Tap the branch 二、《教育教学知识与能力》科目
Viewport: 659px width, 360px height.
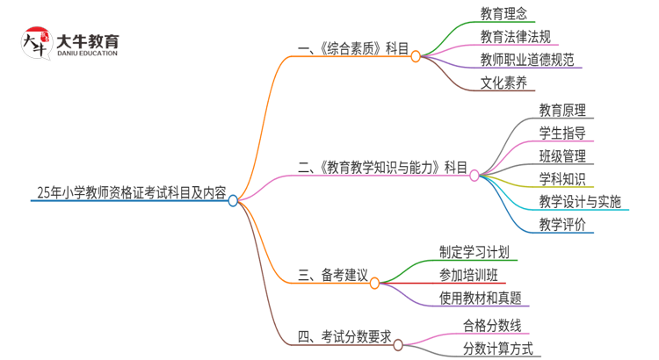pos(382,167)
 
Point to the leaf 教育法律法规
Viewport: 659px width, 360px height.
pos(516,37)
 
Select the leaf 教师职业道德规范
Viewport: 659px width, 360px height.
pos(527,61)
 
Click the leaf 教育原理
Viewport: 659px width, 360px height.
pos(562,111)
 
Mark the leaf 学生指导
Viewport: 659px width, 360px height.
pos(562,133)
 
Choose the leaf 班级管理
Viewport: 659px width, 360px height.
pos(562,156)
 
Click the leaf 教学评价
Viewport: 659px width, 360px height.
pos(562,225)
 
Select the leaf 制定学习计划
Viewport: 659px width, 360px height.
pos(474,252)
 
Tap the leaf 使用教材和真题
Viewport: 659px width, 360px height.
pos(480,298)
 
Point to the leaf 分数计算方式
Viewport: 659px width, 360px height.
pos(498,348)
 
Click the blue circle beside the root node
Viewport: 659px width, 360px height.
pos(233,200)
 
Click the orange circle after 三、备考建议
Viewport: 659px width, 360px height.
pos(375,284)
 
